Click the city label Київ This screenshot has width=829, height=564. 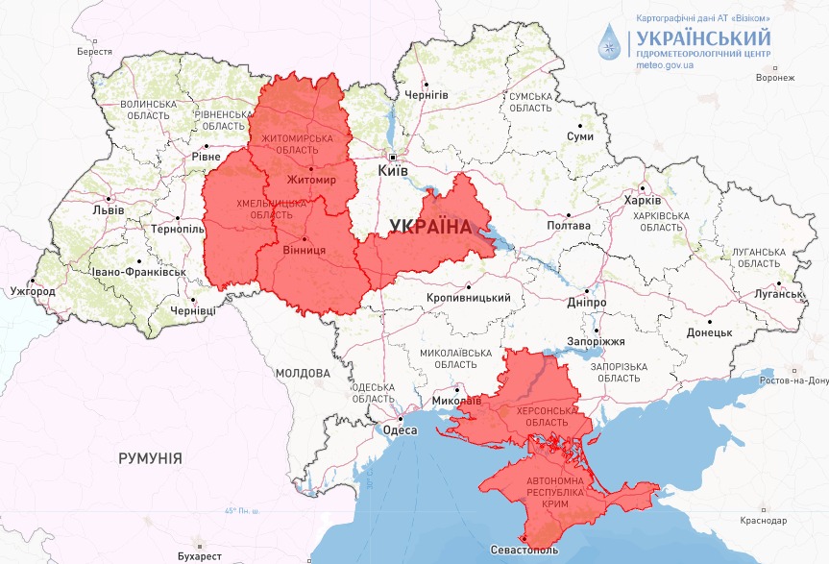pos(394,170)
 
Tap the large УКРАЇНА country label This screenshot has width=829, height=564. pos(431,227)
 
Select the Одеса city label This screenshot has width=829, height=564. pos(401,430)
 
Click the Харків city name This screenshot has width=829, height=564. pos(643,201)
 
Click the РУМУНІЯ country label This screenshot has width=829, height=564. pos(150,458)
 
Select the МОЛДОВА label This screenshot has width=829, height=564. pos(303,373)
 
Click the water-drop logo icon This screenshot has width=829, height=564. pos(610,43)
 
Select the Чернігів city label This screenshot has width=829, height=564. pos(427,95)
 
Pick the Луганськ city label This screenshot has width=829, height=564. pos(778,293)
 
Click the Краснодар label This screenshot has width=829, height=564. pos(759,520)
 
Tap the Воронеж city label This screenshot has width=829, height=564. pos(775,78)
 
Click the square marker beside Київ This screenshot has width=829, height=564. pos(393,156)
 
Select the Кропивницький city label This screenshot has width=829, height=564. pos(468,298)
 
